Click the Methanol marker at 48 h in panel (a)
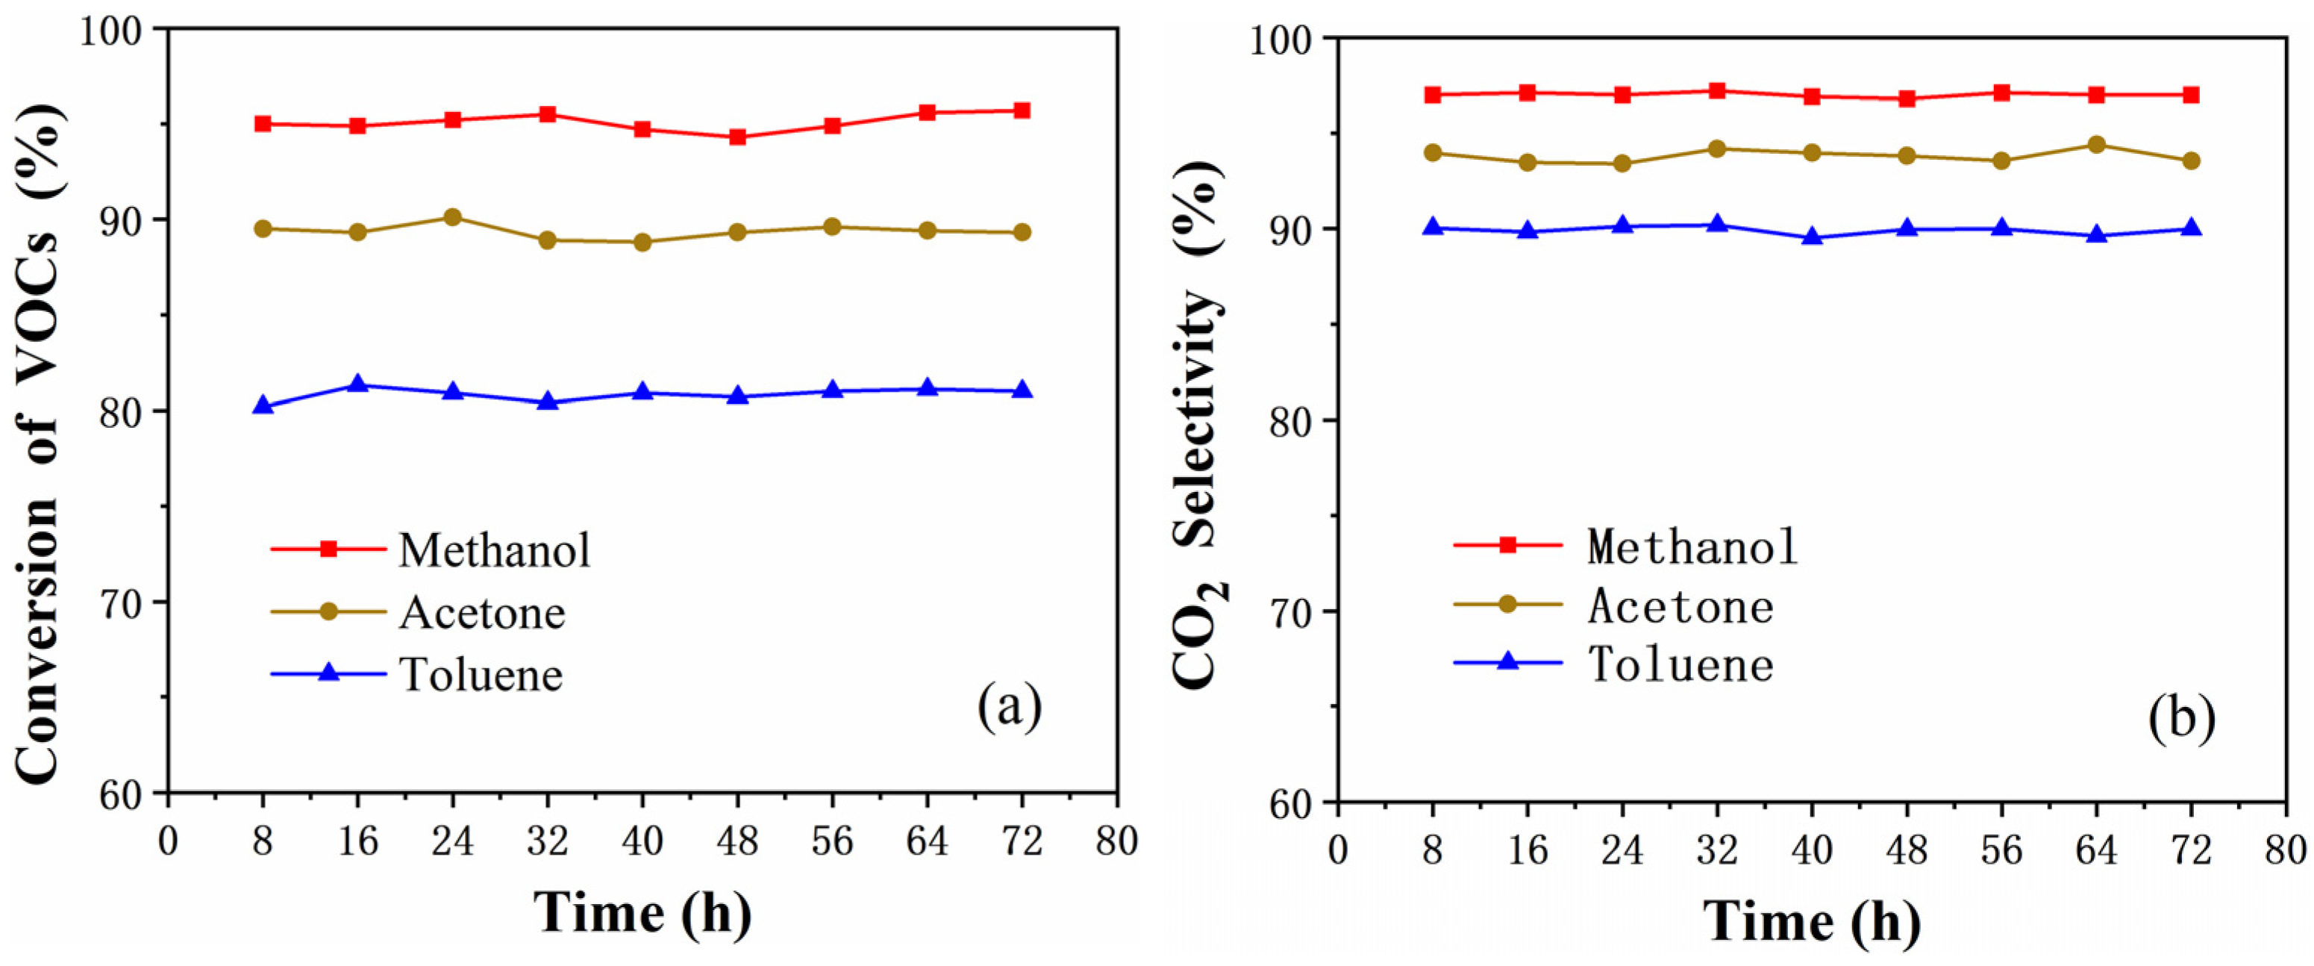(737, 137)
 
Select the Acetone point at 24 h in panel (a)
(453, 217)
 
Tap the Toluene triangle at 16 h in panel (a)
(357, 385)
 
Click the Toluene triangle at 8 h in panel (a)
(263, 406)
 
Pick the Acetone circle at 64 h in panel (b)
(2097, 145)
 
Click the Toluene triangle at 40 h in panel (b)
(1812, 237)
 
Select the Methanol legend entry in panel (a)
(495, 550)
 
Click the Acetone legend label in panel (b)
(1680, 607)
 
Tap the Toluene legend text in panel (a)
(481, 674)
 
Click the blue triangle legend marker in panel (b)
(1508, 663)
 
